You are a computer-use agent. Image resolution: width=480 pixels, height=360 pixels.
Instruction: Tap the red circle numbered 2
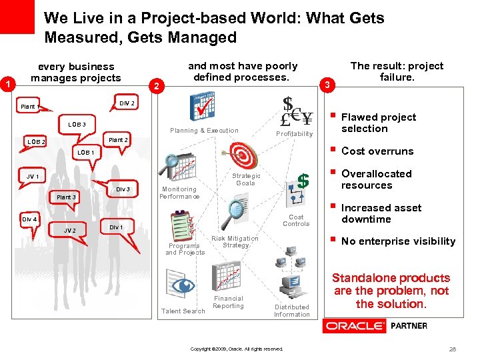click(x=155, y=86)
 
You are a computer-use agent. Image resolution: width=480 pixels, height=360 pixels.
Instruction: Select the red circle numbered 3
click(x=327, y=85)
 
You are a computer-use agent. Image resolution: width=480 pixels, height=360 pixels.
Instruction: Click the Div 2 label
click(x=127, y=103)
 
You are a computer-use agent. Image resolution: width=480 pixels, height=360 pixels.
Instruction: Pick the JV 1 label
click(x=33, y=177)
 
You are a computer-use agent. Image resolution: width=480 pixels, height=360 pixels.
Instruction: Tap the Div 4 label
click(x=29, y=219)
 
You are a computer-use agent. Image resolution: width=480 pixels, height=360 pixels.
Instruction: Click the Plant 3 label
click(x=66, y=197)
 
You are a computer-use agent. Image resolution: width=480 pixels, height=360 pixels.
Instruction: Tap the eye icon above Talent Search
click(x=181, y=286)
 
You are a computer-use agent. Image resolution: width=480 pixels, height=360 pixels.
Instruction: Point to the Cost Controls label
click(x=296, y=221)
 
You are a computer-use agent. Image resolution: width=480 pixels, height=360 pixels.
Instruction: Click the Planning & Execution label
click(x=204, y=131)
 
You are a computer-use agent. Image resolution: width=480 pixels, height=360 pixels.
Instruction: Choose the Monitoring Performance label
click(x=179, y=193)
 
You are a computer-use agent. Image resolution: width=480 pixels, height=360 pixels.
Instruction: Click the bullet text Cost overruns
click(x=377, y=151)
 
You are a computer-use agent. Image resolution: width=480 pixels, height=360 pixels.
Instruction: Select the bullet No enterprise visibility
click(x=398, y=241)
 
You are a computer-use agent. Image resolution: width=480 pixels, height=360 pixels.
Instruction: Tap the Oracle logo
click(x=354, y=326)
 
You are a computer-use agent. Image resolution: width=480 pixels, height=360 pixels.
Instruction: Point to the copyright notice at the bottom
click(x=237, y=349)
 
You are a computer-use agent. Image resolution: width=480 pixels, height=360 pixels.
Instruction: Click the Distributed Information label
click(x=291, y=311)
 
